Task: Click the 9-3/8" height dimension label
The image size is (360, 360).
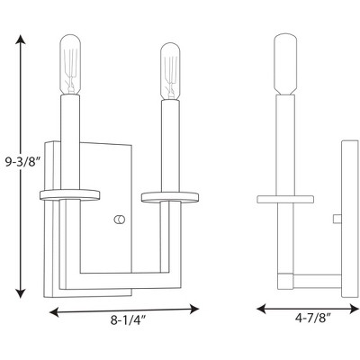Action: click(22, 163)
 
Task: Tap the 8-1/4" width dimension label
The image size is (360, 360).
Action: click(128, 321)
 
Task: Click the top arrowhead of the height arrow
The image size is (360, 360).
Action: click(21, 40)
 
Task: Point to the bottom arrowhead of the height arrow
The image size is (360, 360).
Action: click(21, 293)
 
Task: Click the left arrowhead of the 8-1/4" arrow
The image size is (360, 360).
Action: click(54, 312)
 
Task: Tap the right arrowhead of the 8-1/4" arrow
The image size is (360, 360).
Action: click(194, 309)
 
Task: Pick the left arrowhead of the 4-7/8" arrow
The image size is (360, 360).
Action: click(262, 309)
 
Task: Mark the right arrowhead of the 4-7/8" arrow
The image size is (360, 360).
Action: click(355, 309)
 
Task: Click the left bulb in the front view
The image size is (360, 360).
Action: click(71, 65)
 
